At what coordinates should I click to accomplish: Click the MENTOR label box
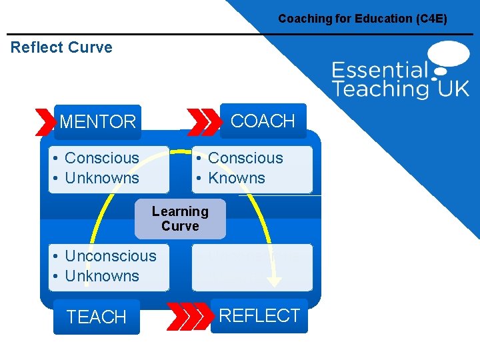tap(98, 122)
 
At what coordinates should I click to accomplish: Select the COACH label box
tap(263, 121)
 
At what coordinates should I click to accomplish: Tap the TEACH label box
tap(97, 317)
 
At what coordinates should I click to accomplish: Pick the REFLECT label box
tap(259, 315)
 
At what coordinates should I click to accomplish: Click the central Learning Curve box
tap(180, 219)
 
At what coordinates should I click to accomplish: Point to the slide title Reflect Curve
tap(61, 47)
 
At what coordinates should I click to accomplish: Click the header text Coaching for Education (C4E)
tap(363, 19)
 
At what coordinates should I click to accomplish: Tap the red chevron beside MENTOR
tap(45, 122)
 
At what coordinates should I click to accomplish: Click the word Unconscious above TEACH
tap(111, 256)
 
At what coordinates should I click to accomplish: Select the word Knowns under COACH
tap(237, 178)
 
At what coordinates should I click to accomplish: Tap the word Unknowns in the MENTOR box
tap(102, 178)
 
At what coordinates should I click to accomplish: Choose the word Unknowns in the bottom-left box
tap(102, 276)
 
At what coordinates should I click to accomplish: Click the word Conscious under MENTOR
tap(102, 158)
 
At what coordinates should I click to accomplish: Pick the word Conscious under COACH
tap(245, 158)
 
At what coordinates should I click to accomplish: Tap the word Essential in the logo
tap(379, 70)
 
